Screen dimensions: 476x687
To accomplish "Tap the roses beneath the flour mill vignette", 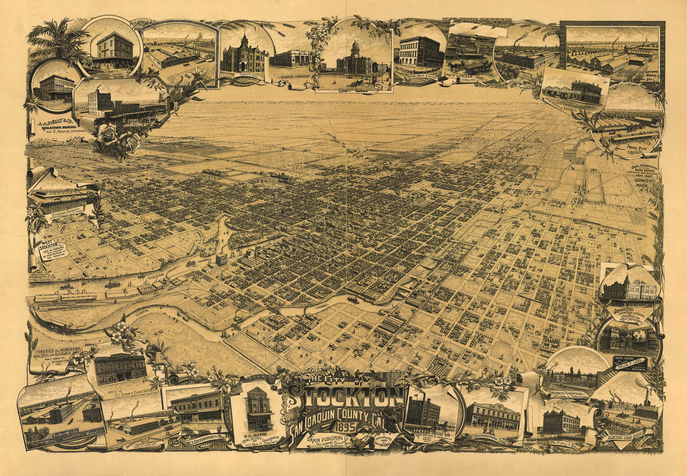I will [115, 138].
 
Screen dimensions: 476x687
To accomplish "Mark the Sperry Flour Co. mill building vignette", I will [424, 413].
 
